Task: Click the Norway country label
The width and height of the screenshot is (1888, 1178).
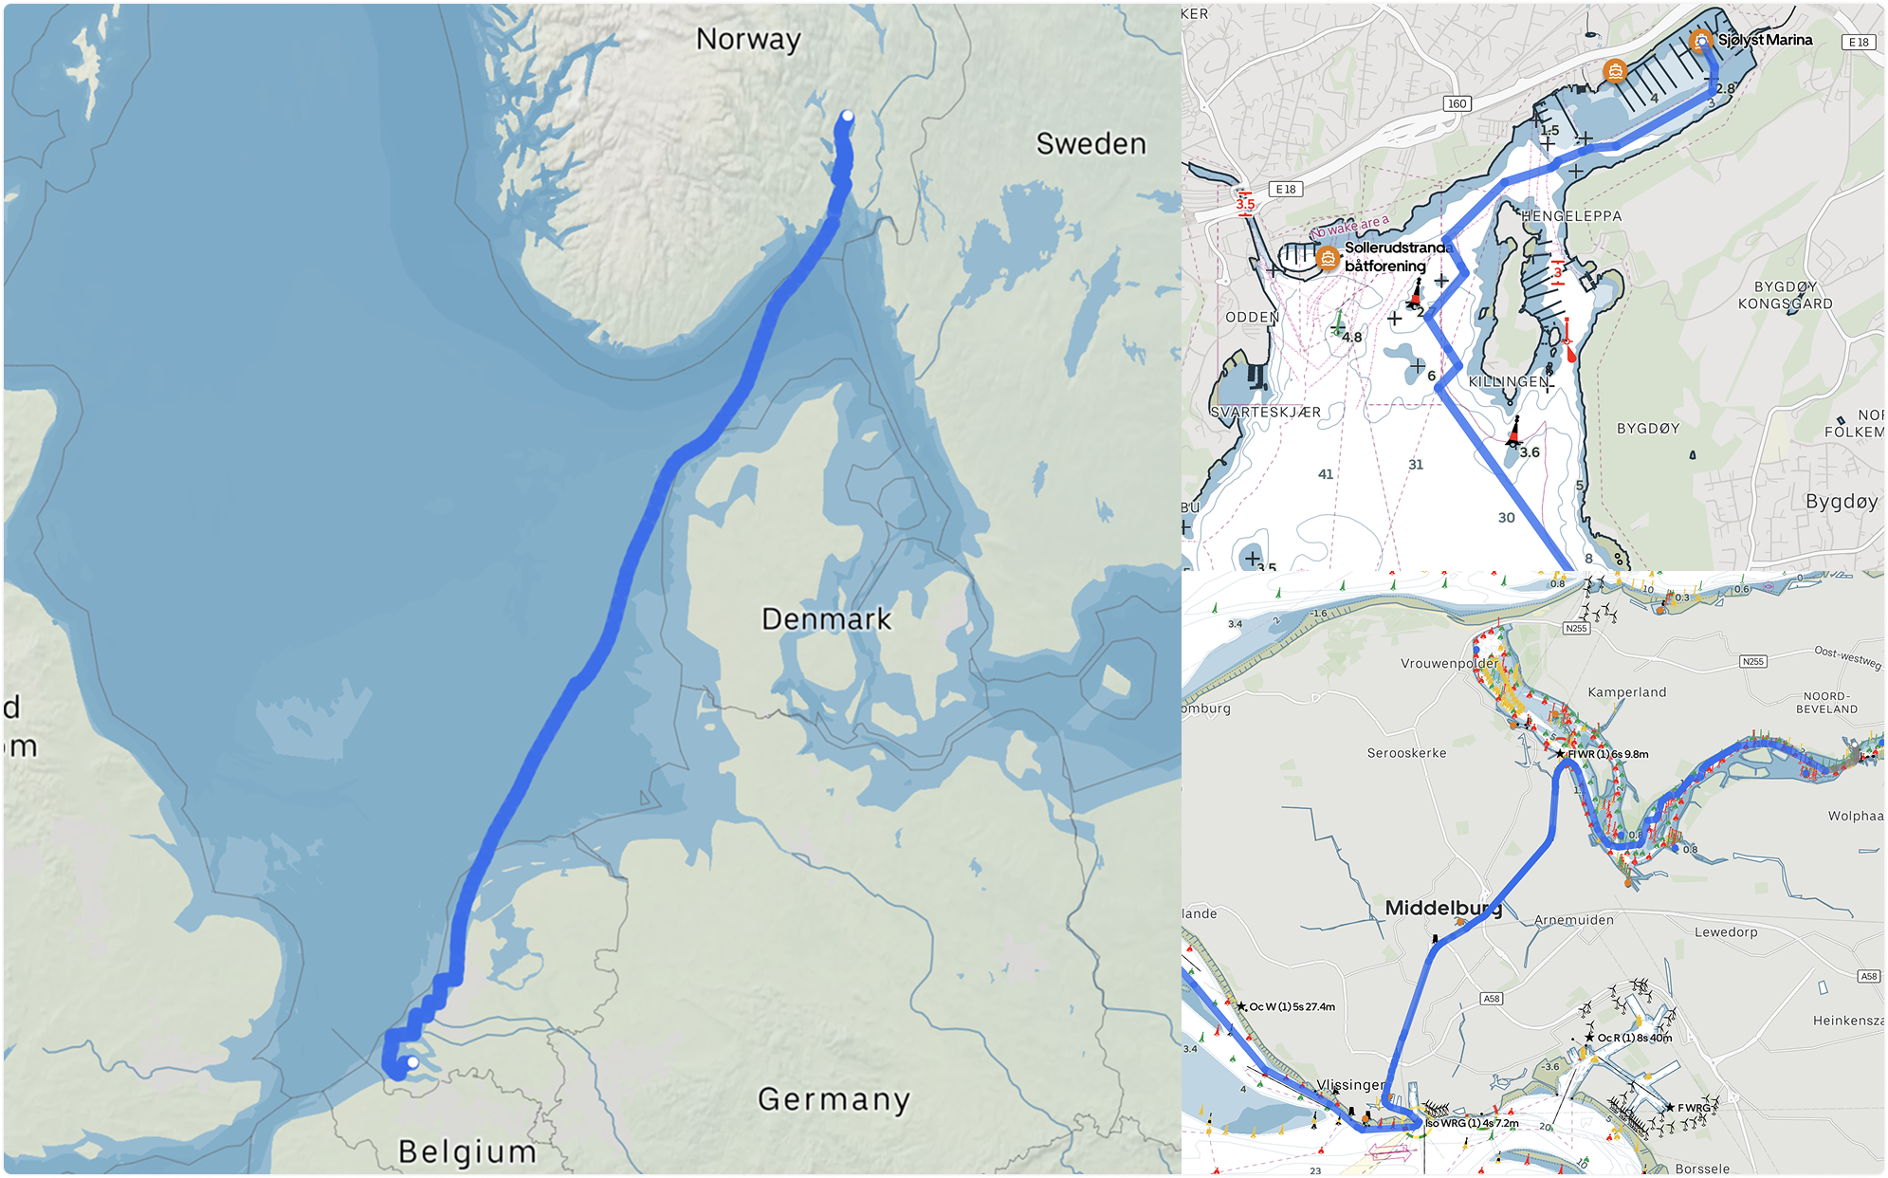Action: pyautogui.click(x=748, y=40)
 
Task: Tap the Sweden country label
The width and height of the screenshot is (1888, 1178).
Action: pyautogui.click(x=1091, y=144)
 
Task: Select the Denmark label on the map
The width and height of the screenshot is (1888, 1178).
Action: pyautogui.click(x=826, y=619)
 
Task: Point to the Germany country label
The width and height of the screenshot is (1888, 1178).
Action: pyautogui.click(x=834, y=1099)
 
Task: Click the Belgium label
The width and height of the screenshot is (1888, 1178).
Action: pyautogui.click(x=467, y=1151)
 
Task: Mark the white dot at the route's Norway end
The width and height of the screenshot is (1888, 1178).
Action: pyautogui.click(x=848, y=117)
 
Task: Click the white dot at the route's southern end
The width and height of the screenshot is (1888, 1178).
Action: pyautogui.click(x=412, y=1062)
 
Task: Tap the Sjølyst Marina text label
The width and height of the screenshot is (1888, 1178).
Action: pyautogui.click(x=1765, y=40)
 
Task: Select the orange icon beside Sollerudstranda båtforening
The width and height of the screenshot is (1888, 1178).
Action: pyautogui.click(x=1328, y=257)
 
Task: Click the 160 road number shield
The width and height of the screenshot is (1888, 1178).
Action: pyautogui.click(x=1457, y=103)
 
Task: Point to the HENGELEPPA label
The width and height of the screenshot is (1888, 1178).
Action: pyautogui.click(x=1571, y=216)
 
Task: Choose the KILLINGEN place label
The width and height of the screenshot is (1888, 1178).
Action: pyautogui.click(x=1509, y=381)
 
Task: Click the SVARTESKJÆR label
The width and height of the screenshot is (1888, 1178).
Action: pyautogui.click(x=1265, y=413)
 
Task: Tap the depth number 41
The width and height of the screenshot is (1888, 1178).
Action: pyautogui.click(x=1326, y=474)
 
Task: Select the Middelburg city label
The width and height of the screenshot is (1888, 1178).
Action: pyautogui.click(x=1442, y=909)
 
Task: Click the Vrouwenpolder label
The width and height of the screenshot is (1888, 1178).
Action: pyautogui.click(x=1448, y=664)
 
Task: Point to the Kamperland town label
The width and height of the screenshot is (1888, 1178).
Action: pyautogui.click(x=1626, y=692)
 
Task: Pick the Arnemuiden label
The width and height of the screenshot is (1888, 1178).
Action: pyautogui.click(x=1573, y=920)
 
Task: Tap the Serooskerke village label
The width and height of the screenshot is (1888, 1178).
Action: pyautogui.click(x=1406, y=753)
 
